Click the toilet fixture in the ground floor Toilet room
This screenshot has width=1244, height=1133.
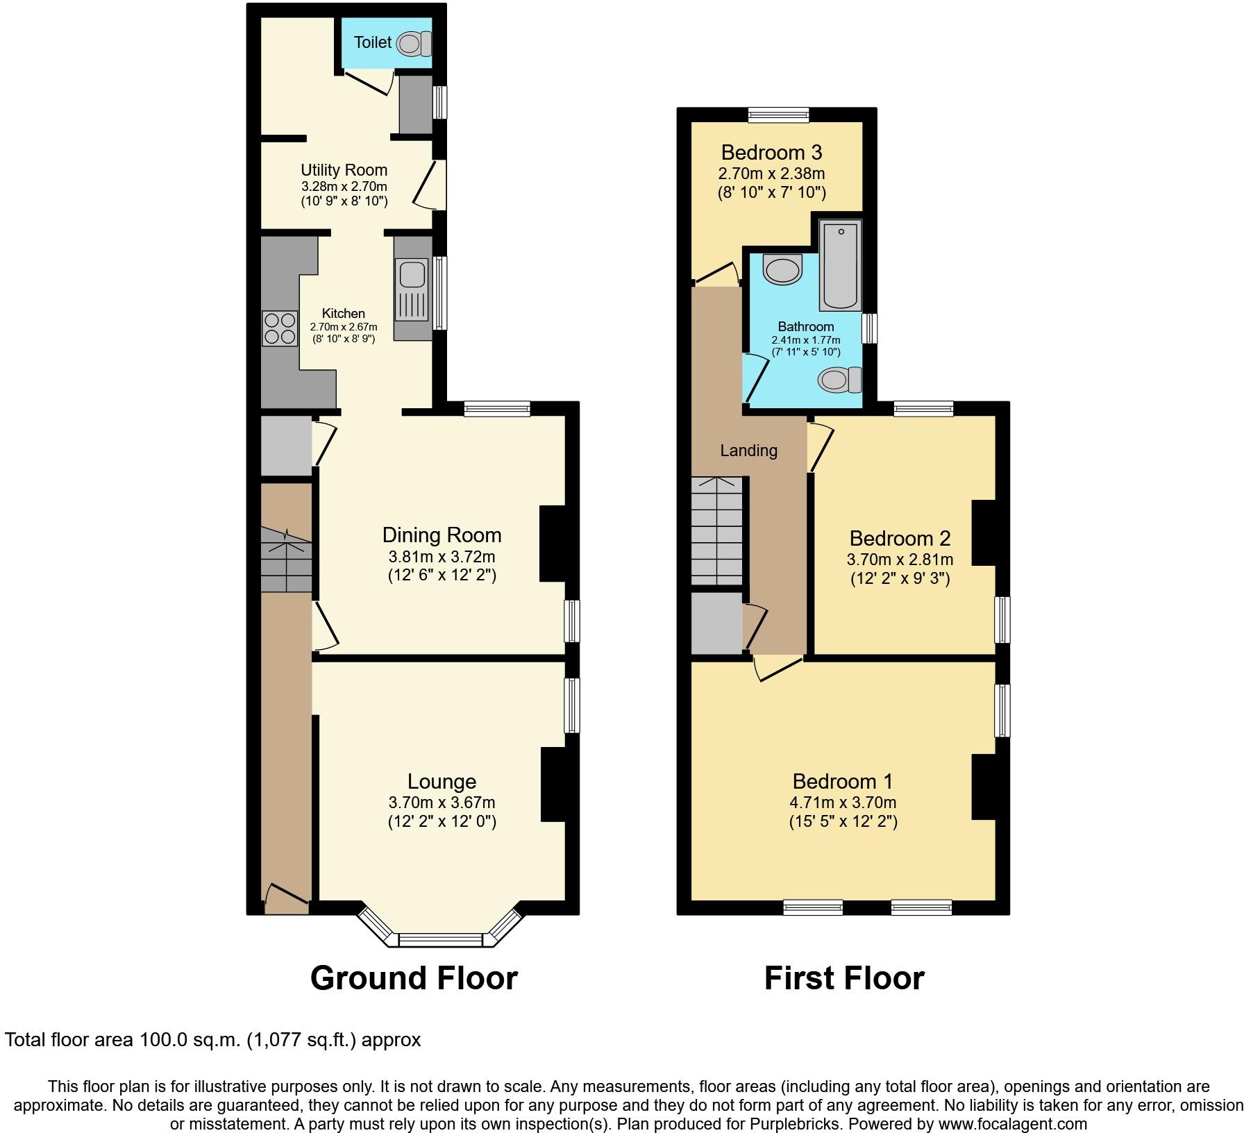click(414, 44)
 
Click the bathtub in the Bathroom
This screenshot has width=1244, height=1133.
click(841, 266)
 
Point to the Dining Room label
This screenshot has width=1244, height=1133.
click(442, 535)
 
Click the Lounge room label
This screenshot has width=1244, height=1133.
click(442, 782)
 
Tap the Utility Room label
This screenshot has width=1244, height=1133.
click(344, 170)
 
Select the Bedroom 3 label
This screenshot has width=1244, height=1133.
click(771, 152)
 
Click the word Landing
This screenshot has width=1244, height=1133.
click(748, 451)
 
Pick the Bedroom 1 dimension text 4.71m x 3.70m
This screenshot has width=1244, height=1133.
click(843, 803)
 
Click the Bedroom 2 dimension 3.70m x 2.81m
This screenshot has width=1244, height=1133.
click(900, 560)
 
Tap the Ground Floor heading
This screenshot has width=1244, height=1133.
click(414, 978)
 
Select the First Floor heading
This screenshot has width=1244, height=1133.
click(844, 978)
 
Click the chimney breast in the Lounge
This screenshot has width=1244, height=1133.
click(554, 784)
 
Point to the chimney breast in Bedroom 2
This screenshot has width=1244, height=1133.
click(984, 532)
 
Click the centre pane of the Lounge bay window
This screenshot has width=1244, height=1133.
click(441, 940)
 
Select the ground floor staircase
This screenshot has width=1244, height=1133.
click(286, 560)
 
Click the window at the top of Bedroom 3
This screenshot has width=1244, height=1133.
click(778, 115)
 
